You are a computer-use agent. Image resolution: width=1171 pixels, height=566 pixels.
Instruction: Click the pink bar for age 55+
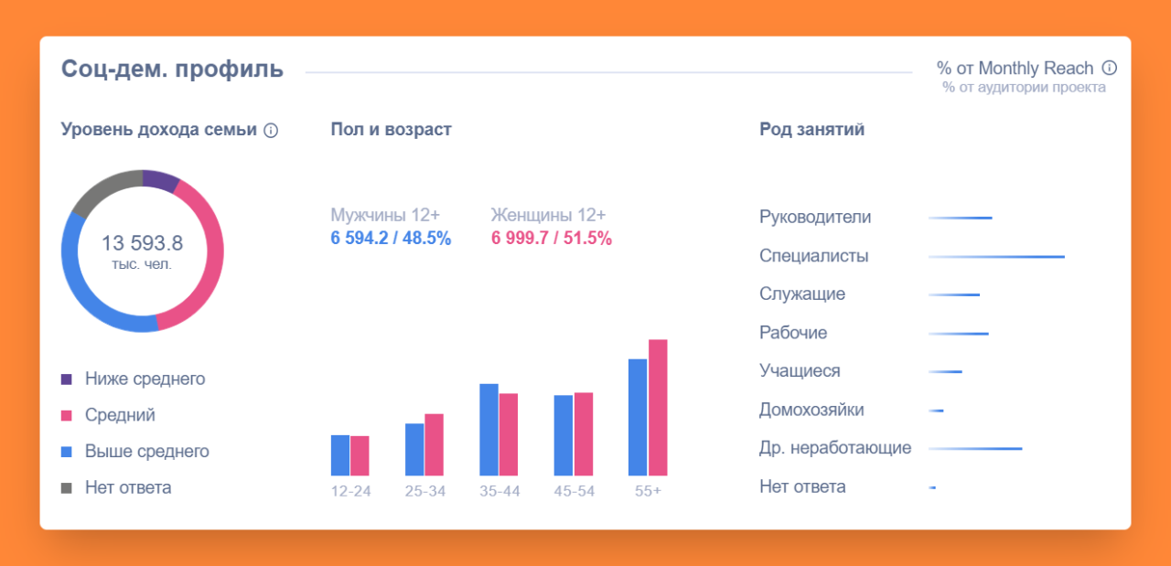tap(658, 408)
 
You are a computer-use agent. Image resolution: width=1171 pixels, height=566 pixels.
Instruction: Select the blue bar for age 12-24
tap(340, 455)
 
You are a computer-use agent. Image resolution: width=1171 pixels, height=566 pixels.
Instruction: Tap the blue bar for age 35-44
tap(489, 430)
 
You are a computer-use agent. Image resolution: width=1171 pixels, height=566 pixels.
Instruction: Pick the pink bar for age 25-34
tap(434, 444)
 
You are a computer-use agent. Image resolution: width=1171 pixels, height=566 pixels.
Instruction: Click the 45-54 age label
tap(574, 491)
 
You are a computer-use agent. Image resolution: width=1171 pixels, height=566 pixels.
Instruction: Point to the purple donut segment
tap(160, 180)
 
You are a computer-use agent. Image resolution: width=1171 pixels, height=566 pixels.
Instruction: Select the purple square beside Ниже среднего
tap(66, 379)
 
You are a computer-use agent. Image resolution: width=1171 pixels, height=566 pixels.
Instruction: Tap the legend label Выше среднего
tap(146, 452)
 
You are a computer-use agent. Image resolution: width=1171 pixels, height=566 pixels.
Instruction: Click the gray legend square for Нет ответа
tap(66, 488)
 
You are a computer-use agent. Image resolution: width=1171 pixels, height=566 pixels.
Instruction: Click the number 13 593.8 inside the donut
tap(142, 243)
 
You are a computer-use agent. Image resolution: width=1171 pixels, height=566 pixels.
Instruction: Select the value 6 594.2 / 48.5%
tap(391, 239)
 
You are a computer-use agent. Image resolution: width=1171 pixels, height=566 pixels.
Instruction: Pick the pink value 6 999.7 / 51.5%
tap(552, 239)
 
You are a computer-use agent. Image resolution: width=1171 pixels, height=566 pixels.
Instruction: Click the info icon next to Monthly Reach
tap(1110, 68)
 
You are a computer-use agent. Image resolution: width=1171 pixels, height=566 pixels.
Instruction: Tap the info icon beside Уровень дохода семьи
tap(271, 131)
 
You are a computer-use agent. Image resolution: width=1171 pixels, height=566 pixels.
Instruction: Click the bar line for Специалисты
tap(997, 257)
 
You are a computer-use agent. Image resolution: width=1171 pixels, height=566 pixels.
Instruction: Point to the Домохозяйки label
tap(811, 410)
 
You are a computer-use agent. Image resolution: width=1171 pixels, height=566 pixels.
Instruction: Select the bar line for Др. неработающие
tap(975, 449)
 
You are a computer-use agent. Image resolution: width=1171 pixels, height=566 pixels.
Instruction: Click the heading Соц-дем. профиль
tap(172, 69)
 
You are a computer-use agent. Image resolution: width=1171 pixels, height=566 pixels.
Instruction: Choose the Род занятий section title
tap(811, 129)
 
